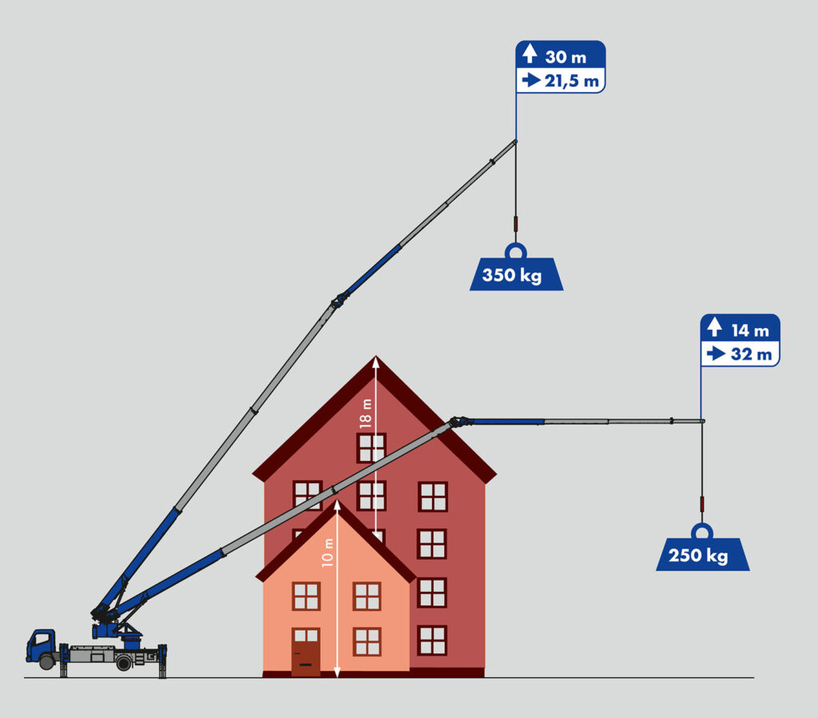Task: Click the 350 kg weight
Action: tap(516, 275)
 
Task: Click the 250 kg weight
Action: tap(702, 555)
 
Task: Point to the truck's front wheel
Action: tap(47, 662)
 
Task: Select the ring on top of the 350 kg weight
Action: tap(516, 251)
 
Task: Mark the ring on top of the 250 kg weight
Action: tap(702, 531)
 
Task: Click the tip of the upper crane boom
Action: tap(515, 141)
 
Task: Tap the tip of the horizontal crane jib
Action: tap(702, 420)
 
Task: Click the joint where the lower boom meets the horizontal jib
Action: tap(458, 421)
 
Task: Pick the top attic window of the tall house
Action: tap(371, 448)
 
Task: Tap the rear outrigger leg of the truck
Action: tap(163, 661)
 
